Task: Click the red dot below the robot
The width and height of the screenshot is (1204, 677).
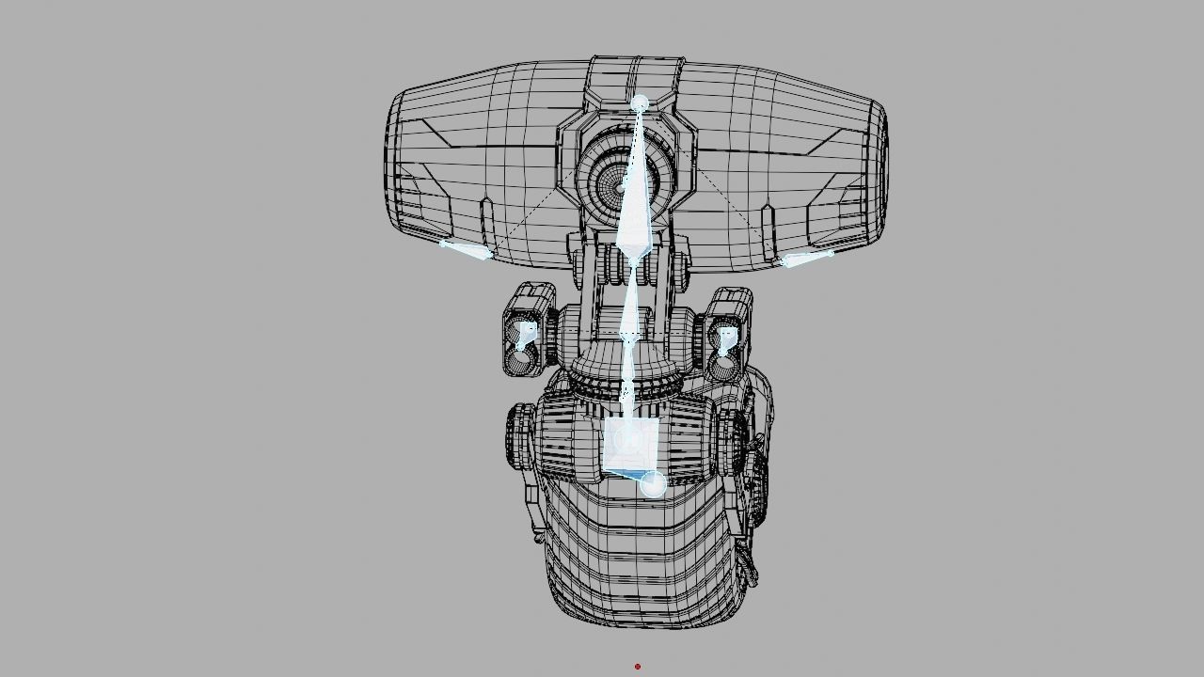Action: pyautogui.click(x=638, y=667)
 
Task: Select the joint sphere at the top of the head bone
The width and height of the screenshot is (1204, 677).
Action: pyautogui.click(x=640, y=102)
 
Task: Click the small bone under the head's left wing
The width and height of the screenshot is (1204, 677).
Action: pyautogui.click(x=465, y=249)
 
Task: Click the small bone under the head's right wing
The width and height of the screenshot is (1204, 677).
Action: pyautogui.click(x=807, y=259)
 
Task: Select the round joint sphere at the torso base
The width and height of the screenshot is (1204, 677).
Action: pyautogui.click(x=653, y=484)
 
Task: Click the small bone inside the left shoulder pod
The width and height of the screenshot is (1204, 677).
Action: pyautogui.click(x=524, y=336)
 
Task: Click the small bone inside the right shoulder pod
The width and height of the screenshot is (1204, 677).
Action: pyautogui.click(x=726, y=340)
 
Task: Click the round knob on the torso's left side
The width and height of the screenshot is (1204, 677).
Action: pyautogui.click(x=518, y=436)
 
